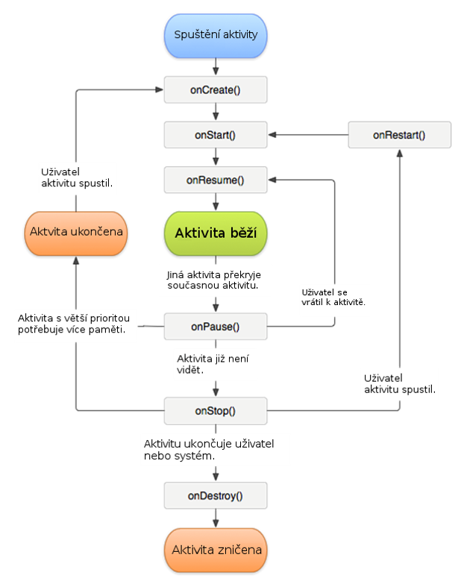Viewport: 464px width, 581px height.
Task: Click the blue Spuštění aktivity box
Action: (215, 35)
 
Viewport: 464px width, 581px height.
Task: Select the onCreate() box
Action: (215, 89)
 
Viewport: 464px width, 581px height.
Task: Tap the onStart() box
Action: (215, 135)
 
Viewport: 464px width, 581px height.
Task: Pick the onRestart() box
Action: (399, 135)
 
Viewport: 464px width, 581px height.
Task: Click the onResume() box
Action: (215, 180)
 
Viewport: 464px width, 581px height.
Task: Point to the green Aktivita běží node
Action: (215, 233)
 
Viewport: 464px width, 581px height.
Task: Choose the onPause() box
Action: (215, 325)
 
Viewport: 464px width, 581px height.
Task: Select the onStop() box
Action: (215, 410)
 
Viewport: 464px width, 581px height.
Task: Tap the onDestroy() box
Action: (215, 494)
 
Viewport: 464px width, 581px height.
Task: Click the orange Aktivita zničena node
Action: (215, 550)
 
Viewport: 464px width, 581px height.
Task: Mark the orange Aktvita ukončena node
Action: (76, 232)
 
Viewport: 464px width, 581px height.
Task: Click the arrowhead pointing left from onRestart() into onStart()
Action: (273, 135)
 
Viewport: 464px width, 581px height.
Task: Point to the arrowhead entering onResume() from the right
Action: (273, 180)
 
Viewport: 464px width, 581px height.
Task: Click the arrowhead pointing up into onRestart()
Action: (399, 151)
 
